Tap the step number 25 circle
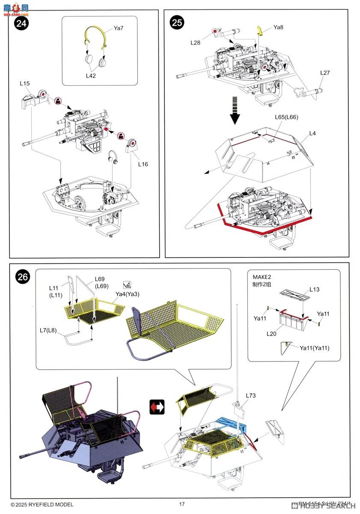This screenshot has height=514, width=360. coord(177,22)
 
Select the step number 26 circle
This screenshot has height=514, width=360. coord(23,277)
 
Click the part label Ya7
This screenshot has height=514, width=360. coord(119,28)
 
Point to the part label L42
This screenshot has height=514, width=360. coord(91,75)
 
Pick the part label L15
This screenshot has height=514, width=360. coord(24,83)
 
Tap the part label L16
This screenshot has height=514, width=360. coord(143,164)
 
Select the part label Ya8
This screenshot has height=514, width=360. coord(279,27)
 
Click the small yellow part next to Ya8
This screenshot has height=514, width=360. coord(259,30)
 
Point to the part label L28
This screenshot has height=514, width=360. coord(196,42)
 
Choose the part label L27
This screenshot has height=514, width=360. coord(325,73)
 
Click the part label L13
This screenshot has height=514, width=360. coord(315,290)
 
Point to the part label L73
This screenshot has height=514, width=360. coord(251,395)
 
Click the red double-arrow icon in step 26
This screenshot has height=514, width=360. coord(157,406)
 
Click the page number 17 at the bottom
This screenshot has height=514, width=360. coord(182,504)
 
